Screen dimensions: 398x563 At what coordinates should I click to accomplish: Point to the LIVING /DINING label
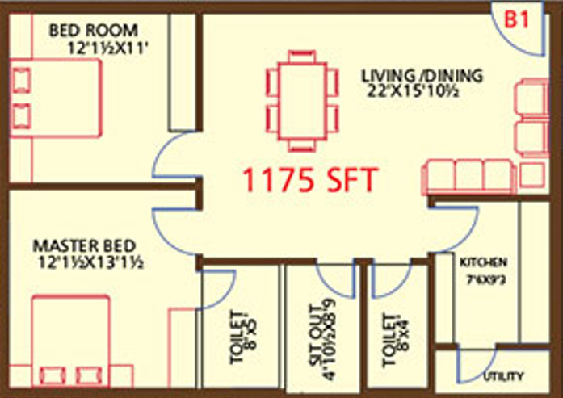(x=422, y=76)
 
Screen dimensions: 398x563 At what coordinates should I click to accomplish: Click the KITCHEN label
(x=483, y=262)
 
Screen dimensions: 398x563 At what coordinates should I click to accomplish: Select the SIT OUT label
(x=317, y=331)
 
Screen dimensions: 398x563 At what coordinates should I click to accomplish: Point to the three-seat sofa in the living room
(x=469, y=175)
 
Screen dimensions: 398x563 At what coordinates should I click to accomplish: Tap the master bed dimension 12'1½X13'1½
(x=89, y=262)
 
